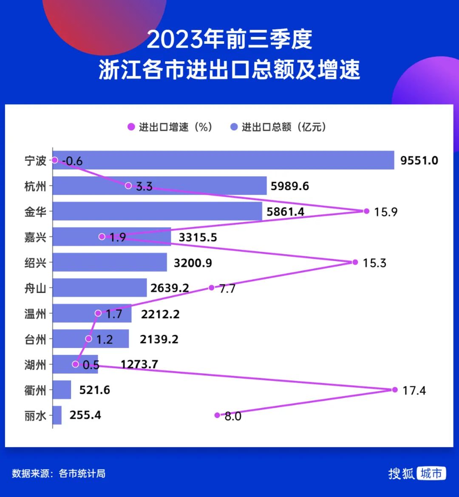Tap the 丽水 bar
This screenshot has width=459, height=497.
coord(57,415)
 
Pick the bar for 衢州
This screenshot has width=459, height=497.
coord(62,390)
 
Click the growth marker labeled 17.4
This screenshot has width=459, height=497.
coord(394,389)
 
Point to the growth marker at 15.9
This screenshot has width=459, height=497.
coord(366,211)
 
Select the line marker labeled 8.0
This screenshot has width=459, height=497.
coord(217,415)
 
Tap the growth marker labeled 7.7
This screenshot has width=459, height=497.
coord(211,288)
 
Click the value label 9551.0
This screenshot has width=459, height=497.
coord(419,161)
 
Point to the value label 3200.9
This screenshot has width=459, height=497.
coord(193,263)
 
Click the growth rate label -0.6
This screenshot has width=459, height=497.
coord(72,161)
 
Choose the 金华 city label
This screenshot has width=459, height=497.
coord(35,212)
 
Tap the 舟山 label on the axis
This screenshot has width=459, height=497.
coord(35,288)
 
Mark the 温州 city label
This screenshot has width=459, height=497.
coord(35,314)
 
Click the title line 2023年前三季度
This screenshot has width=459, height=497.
coord(229,40)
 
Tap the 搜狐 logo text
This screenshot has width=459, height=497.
coord(401,473)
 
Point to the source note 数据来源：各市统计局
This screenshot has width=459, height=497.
coord(59,473)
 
